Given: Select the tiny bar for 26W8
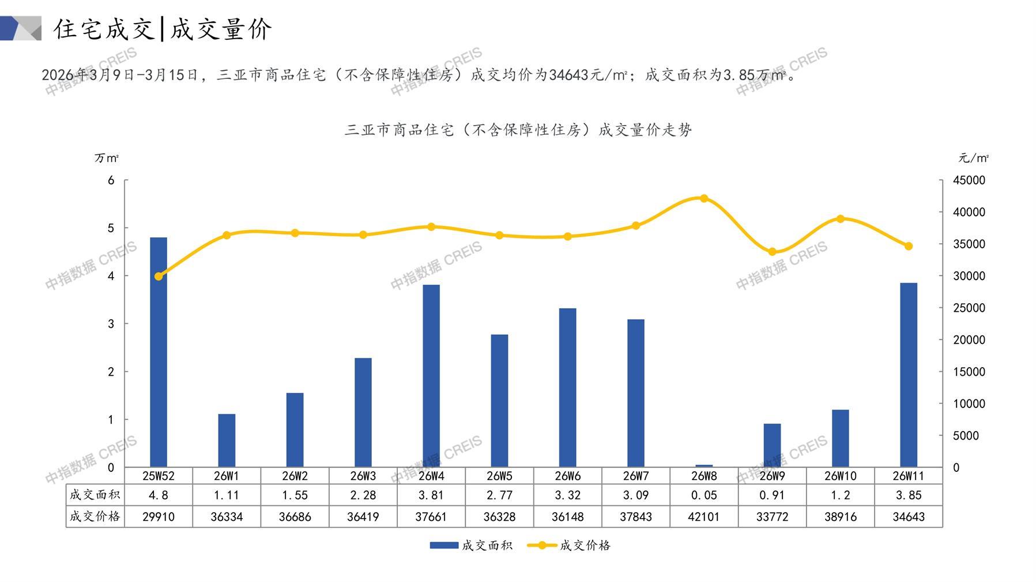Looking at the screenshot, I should [704, 466].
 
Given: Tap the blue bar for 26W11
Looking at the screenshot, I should [909, 375].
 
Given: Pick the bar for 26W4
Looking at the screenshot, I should [431, 376].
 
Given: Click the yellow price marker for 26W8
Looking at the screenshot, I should [704, 198].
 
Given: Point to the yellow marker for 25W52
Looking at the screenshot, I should [159, 277].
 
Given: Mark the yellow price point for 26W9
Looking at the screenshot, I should [772, 252].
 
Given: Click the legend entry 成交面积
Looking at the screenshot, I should [472, 545].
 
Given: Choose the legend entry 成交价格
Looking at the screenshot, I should [570, 545].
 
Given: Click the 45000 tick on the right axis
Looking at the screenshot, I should [969, 180].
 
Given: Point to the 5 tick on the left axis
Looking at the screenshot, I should [111, 228].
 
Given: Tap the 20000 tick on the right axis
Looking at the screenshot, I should [969, 340].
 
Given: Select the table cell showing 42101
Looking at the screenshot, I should [704, 517].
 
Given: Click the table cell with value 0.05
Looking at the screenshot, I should [704, 495].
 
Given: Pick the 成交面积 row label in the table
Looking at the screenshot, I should [95, 495].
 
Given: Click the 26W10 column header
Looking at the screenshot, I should [840, 476].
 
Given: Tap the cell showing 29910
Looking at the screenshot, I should [159, 517].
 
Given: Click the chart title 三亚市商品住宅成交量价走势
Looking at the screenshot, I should [518, 130].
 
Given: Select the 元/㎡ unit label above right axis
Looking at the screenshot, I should [973, 158].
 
